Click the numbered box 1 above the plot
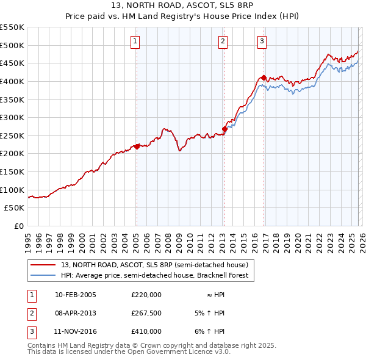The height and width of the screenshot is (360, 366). tap(135, 41)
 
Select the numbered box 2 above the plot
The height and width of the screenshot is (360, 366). tap(223, 41)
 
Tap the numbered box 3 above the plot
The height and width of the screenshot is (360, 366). tap(262, 41)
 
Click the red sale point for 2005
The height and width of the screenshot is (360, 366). tap(137, 146)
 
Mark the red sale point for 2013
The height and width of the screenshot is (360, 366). tap(224, 129)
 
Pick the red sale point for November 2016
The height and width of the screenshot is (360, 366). tap(263, 77)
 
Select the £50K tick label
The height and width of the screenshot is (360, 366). tap(15, 208)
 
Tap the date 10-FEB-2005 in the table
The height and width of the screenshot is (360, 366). tap(76, 295)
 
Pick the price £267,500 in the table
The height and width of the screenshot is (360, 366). tap(146, 313)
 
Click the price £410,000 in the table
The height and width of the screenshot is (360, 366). tap(146, 331)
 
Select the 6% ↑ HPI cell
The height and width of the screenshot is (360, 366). tap(208, 331)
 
